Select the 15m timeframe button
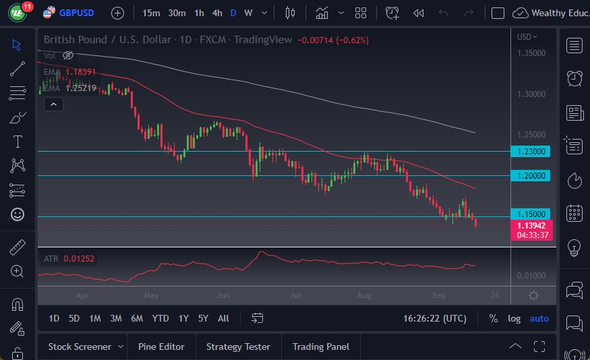[x=152, y=13]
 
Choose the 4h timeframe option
[x=216, y=13]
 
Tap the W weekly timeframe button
[x=248, y=13]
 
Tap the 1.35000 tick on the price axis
[x=531, y=53]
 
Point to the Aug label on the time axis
[x=364, y=295]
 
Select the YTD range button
[x=160, y=318]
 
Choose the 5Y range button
[x=203, y=318]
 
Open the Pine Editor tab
[x=161, y=347]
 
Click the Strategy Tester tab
[x=238, y=347]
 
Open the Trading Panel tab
[x=321, y=347]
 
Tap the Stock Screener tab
[x=80, y=347]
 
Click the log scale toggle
[x=514, y=318]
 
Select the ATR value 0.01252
[x=80, y=258]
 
